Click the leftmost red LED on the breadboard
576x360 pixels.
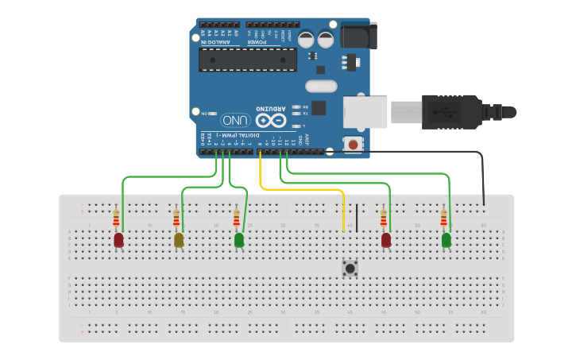(118, 239)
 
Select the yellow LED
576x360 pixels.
(179, 239)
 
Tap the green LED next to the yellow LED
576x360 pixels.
(239, 239)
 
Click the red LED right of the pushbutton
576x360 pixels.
(386, 239)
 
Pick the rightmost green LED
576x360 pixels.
(446, 239)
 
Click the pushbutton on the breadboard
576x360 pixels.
(350, 268)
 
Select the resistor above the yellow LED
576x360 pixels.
(176, 217)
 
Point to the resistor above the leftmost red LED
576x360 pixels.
(116, 217)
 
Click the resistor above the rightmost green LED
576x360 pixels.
(443, 217)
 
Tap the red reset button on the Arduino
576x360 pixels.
(353, 144)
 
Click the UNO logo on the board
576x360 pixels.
(236, 120)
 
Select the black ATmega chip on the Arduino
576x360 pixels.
(247, 59)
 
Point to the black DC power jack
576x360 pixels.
(358, 35)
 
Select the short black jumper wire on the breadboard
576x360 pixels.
(357, 218)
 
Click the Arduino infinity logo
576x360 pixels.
(269, 119)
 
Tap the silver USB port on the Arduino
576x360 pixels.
(365, 112)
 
